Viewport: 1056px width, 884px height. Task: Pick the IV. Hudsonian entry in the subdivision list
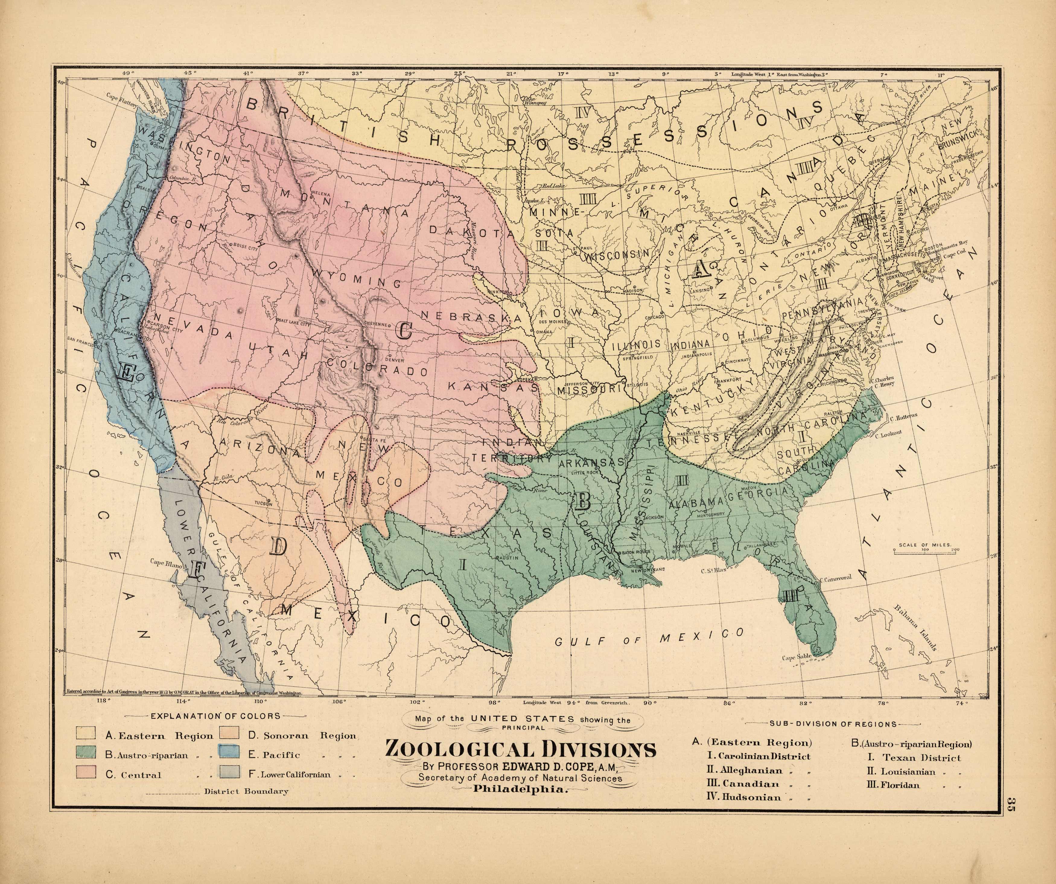point(745,797)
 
